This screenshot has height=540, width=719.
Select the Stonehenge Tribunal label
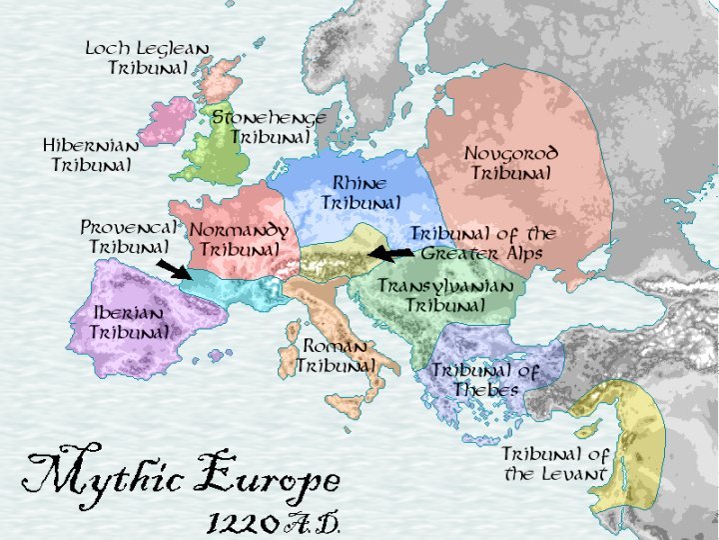point(269,127)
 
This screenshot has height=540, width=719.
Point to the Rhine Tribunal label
point(360,193)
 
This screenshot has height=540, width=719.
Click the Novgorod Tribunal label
point(510,163)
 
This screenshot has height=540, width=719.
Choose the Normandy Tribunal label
point(239,239)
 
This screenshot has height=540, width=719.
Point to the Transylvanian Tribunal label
point(445,295)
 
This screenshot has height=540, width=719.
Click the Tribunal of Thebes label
point(484,379)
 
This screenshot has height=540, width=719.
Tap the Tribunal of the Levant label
point(555,463)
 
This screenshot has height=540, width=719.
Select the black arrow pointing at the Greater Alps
point(390,254)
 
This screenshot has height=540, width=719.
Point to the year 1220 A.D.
point(275,521)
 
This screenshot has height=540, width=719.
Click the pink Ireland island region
point(165,121)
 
